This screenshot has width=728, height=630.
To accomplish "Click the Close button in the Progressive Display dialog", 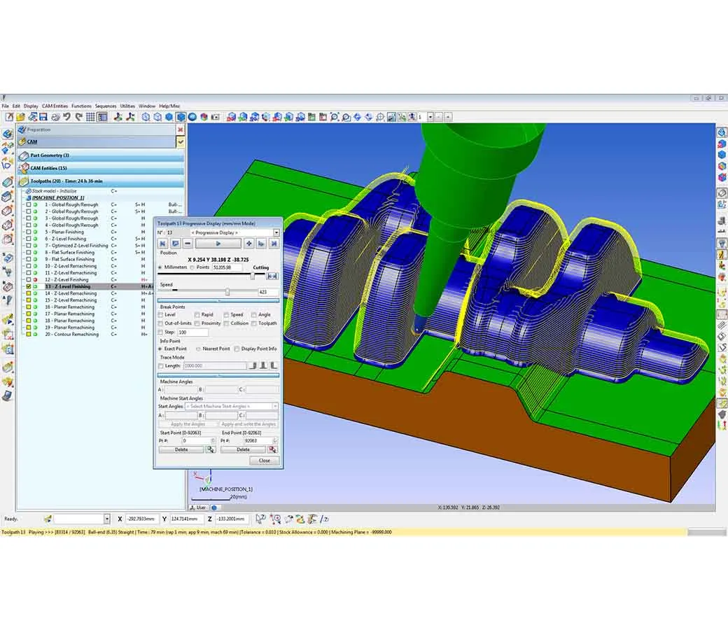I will click(x=264, y=461).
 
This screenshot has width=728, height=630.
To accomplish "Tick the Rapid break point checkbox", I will click(x=197, y=315).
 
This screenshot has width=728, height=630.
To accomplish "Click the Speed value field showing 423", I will click(x=268, y=292).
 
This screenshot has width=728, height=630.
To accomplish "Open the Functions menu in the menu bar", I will click(x=81, y=106).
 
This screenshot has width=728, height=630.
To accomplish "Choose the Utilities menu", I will click(x=127, y=106).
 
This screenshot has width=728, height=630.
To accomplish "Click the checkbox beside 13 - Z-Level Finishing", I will click(x=29, y=286).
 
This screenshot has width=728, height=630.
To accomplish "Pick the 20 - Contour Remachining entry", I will click(x=72, y=334).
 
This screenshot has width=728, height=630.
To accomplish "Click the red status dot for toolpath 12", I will click(x=36, y=279).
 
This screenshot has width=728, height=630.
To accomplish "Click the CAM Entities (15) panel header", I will click(x=49, y=168).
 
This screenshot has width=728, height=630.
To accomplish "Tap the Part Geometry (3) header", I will click(x=49, y=155).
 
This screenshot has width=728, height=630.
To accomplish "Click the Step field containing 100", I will click(x=192, y=332).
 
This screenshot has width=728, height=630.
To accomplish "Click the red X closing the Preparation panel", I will click(x=180, y=129).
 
